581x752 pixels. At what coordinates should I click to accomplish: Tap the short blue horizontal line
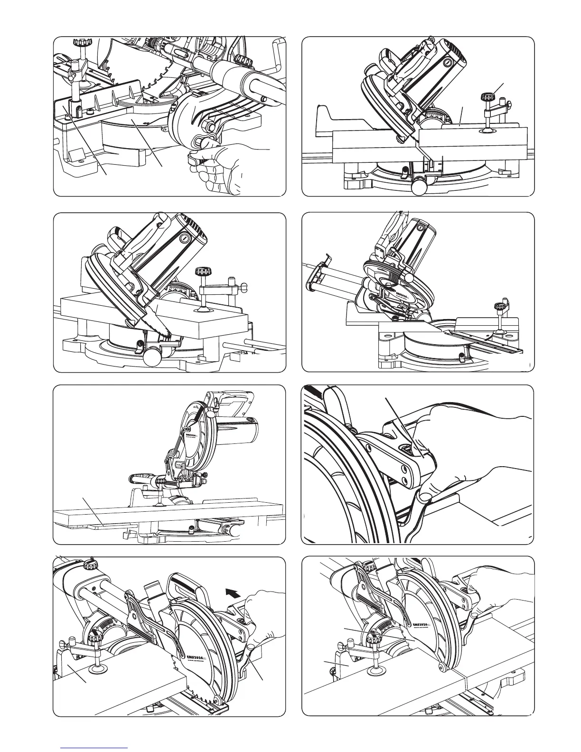point(95,747)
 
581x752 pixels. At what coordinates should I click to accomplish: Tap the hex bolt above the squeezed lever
point(209,126)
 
